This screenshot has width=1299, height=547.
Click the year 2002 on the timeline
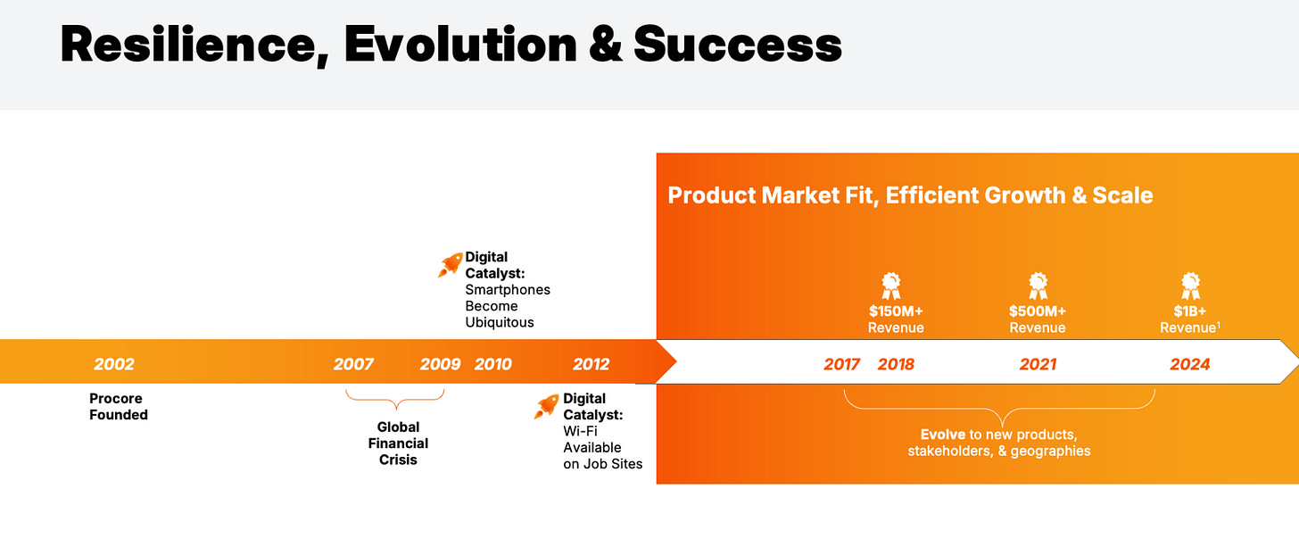(114, 364)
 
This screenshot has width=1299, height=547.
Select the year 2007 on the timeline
(353, 364)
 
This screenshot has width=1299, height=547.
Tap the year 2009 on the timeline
(440, 364)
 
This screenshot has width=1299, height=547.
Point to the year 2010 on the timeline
(492, 364)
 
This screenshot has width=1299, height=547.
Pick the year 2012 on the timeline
(591, 364)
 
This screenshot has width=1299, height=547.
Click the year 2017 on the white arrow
(841, 364)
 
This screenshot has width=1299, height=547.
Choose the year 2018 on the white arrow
(896, 364)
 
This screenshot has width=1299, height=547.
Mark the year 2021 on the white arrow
(1038, 364)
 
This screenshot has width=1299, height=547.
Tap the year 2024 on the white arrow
(1190, 364)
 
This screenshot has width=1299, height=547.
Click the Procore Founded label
(119, 407)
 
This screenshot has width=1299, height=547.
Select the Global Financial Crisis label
(399, 443)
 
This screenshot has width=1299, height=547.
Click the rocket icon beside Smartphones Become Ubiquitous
(450, 265)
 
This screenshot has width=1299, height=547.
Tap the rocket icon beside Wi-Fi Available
(546, 406)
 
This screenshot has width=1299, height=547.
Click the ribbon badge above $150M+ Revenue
(891, 286)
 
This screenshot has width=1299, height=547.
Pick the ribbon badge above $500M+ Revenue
(1038, 286)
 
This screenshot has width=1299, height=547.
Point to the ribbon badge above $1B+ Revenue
(1190, 286)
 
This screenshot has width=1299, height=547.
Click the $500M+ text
(1038, 311)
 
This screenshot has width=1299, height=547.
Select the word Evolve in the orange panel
(943, 435)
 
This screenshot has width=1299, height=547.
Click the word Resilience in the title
(194, 46)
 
